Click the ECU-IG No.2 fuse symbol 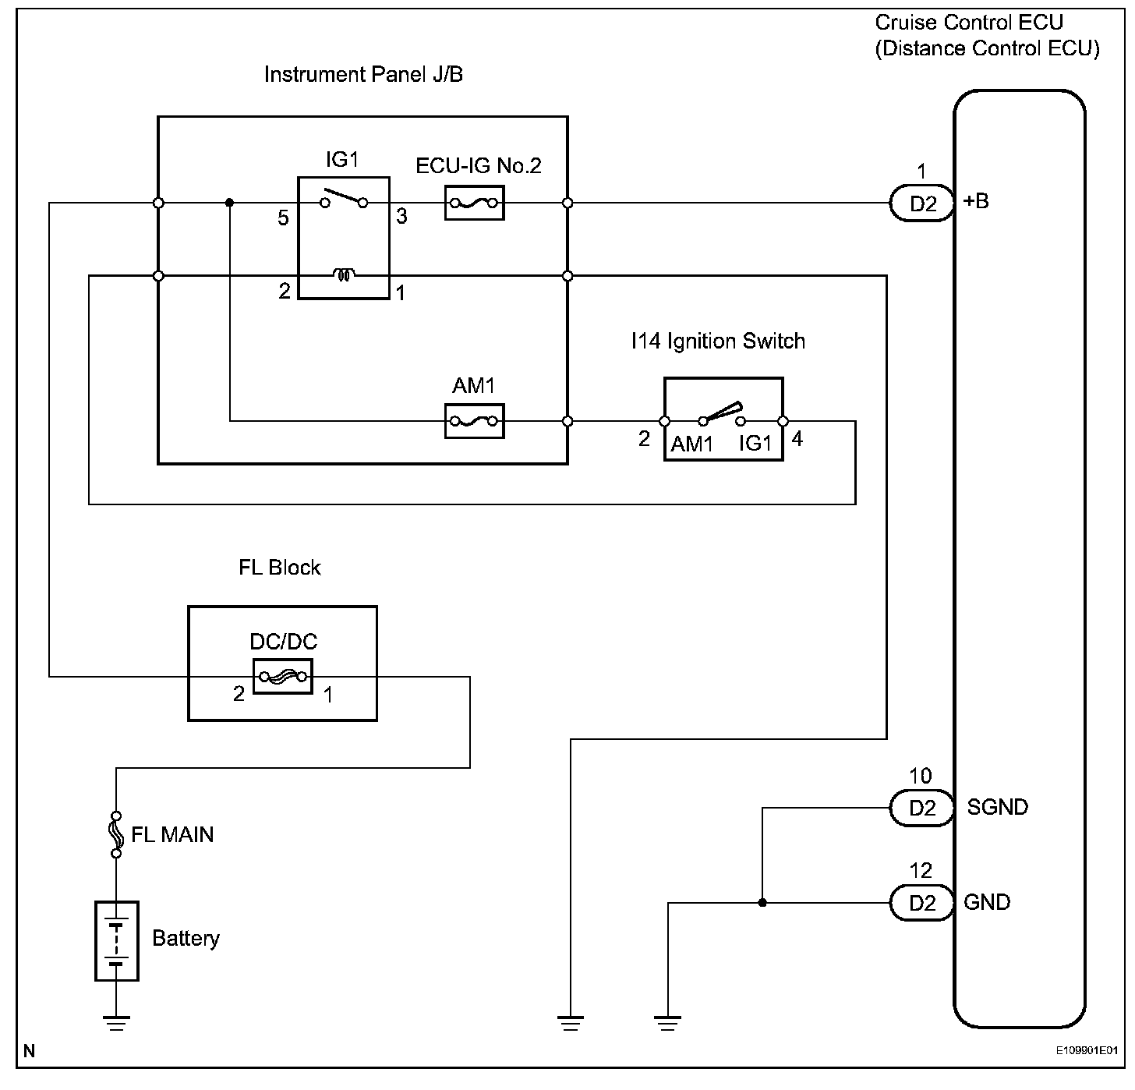coord(474,203)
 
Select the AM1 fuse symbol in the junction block coord(474,421)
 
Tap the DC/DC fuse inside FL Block coord(282,676)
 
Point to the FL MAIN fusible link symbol coord(116,834)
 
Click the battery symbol coord(116,940)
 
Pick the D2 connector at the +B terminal coord(922,203)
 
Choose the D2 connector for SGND coord(922,808)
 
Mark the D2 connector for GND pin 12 coord(922,903)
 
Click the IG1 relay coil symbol coord(344,274)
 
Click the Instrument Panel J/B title coord(363,75)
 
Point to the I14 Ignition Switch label coord(717,342)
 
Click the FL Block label coord(279,567)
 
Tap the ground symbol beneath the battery coord(116,1021)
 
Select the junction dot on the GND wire coord(762,903)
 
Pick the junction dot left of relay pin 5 coord(229,203)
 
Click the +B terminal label coord(976,201)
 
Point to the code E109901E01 coord(1087,1051)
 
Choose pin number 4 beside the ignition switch coord(797,439)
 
